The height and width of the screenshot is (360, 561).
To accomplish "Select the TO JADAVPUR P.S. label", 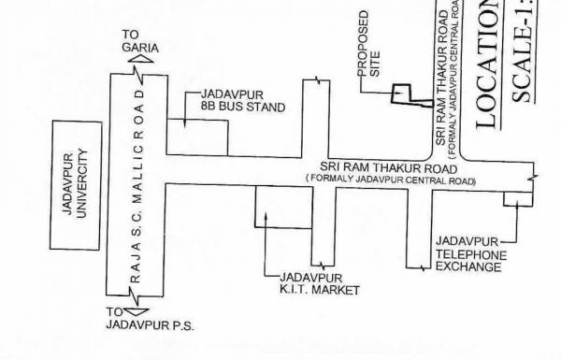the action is pyautogui.click(x=150, y=319).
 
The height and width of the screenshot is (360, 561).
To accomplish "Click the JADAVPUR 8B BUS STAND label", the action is pyautogui.click(x=236, y=102).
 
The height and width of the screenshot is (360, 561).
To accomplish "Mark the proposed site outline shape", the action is pyautogui.click(x=405, y=94).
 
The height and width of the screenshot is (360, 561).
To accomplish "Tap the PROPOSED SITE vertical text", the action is pyautogui.click(x=369, y=55).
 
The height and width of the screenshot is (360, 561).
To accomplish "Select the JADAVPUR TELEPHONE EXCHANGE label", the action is pyautogui.click(x=470, y=253).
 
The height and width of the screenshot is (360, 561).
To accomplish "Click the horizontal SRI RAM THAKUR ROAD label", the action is pyautogui.click(x=391, y=166).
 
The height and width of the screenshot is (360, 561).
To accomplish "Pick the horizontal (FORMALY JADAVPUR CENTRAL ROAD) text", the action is pyautogui.click(x=391, y=179).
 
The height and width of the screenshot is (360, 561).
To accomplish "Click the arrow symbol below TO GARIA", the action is pyautogui.click(x=139, y=60).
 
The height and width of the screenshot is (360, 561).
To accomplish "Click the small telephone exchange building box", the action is pyautogui.click(x=515, y=198).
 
